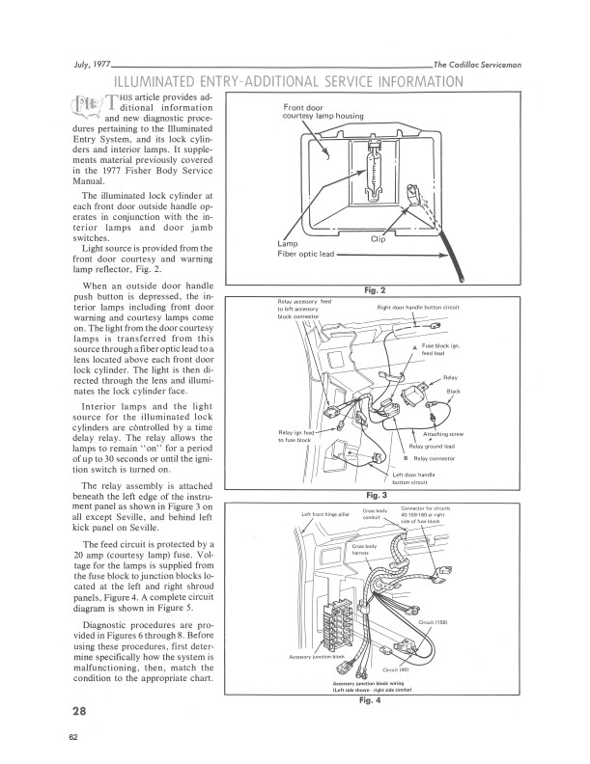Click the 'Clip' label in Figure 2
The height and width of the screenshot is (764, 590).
pos(379,238)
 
